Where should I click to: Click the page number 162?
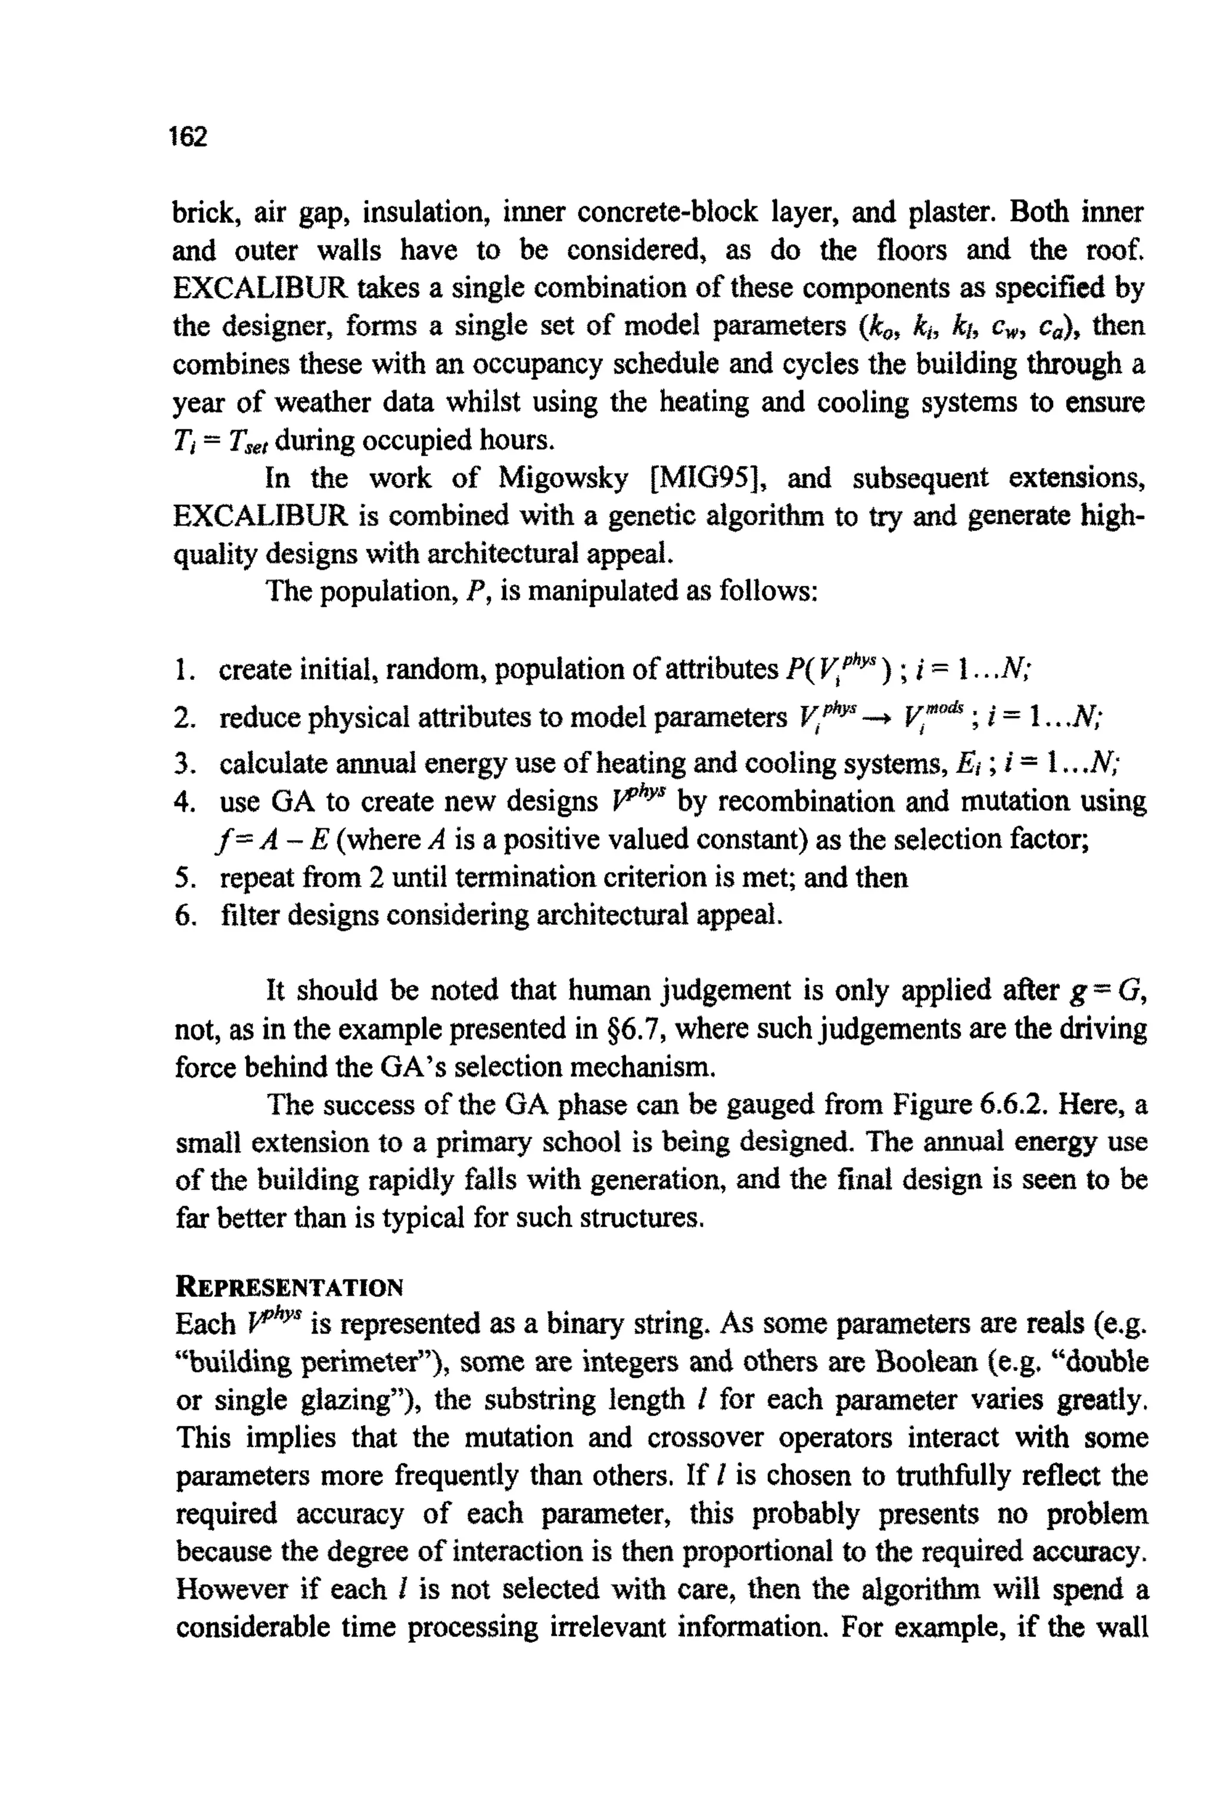click(x=189, y=137)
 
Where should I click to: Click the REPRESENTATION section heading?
click(x=290, y=1287)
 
